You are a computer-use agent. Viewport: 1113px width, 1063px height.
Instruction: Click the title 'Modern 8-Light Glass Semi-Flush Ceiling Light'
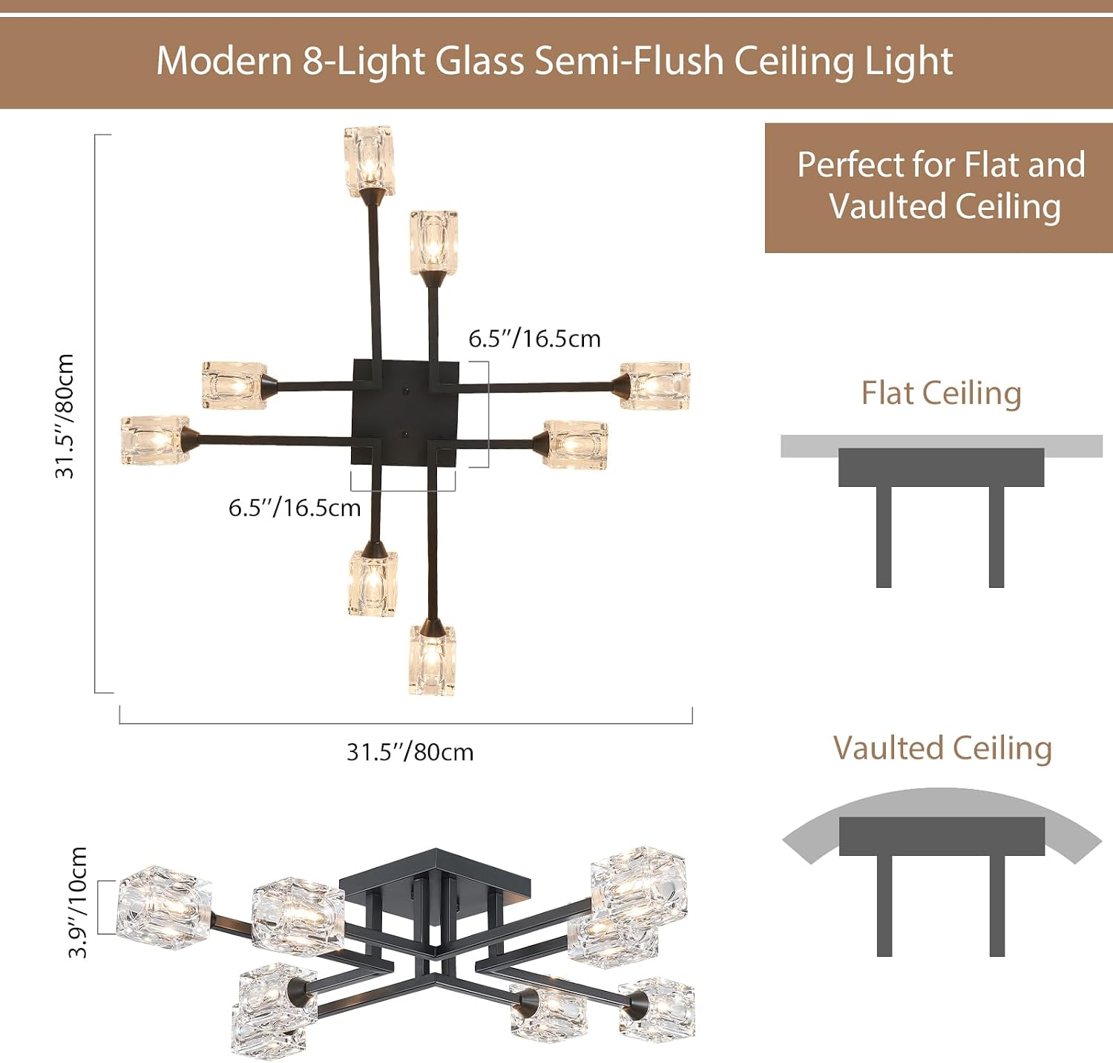554,62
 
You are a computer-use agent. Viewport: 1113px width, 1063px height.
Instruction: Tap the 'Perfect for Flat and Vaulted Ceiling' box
939,188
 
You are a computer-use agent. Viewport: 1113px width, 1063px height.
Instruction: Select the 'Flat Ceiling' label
941,393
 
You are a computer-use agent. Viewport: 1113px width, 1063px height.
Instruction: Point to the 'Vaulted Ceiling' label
942,748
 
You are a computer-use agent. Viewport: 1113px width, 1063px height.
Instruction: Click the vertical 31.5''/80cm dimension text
65,416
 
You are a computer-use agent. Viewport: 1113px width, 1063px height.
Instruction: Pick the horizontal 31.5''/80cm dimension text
410,752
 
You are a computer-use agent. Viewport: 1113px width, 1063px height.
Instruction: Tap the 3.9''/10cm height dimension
78,903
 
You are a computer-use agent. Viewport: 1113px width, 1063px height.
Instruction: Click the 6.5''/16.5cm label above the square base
534,338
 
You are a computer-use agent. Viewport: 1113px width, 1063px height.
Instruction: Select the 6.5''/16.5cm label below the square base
295,508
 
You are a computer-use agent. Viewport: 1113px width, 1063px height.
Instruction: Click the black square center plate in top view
404,413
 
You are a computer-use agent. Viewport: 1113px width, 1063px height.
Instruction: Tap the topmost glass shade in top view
369,160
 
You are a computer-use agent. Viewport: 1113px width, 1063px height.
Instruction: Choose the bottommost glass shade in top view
432,659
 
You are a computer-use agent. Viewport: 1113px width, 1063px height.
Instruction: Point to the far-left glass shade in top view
155,440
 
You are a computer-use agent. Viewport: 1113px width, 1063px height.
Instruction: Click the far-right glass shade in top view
655,385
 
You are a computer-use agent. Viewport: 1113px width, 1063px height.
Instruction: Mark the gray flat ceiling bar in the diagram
942,445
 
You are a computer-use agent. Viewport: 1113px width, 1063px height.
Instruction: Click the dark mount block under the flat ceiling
941,467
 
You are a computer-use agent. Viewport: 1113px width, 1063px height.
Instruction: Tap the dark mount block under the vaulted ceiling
942,836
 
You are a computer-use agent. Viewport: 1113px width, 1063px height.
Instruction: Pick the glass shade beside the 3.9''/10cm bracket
164,907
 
